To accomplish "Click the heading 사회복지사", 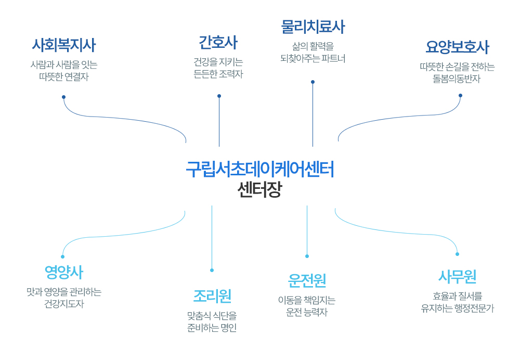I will pyautogui.click(x=64, y=45).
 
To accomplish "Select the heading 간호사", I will pyautogui.click(x=218, y=42).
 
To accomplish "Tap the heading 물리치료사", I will pyautogui.click(x=313, y=26).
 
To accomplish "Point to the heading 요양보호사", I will pyautogui.click(x=457, y=47).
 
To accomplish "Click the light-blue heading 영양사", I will pyautogui.click(x=63, y=272).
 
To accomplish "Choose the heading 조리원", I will pyautogui.click(x=212, y=296).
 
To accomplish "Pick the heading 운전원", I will pyautogui.click(x=307, y=281).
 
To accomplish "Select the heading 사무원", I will pyautogui.click(x=457, y=276).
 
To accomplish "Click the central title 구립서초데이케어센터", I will pyautogui.click(x=260, y=170).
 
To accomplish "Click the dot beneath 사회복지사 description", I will pyautogui.click(x=63, y=97).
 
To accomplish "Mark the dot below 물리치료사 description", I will pyautogui.click(x=313, y=82).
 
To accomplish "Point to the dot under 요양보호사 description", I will pyautogui.click(x=460, y=95).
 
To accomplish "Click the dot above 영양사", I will pyautogui.click(x=62, y=256).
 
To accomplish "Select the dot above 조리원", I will pyautogui.click(x=212, y=270).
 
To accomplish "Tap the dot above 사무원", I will pyautogui.click(x=457, y=254).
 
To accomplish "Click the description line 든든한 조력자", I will pyautogui.click(x=218, y=74).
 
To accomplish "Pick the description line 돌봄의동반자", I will pyautogui.click(x=457, y=79).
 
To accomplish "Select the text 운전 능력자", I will pyautogui.click(x=307, y=313).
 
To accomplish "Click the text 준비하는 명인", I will pyautogui.click(x=212, y=328).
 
